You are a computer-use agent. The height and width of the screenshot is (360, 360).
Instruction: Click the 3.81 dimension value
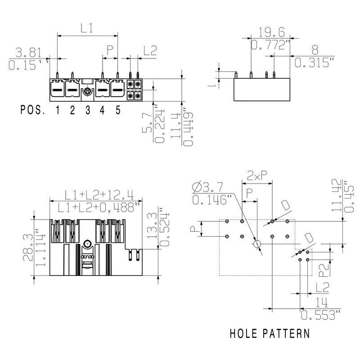point(28,51)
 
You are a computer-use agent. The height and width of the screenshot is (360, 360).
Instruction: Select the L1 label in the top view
point(87,28)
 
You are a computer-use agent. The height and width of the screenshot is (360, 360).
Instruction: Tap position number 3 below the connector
point(87,110)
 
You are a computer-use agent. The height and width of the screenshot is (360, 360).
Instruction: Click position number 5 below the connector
point(117,110)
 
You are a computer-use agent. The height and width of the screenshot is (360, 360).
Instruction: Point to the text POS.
point(33,110)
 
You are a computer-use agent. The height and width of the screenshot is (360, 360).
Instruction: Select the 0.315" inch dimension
point(315,63)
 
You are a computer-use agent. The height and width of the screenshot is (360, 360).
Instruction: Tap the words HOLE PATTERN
point(270,334)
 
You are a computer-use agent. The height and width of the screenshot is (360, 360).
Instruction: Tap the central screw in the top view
point(87,91)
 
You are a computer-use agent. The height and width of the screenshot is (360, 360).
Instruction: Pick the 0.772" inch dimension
point(270,45)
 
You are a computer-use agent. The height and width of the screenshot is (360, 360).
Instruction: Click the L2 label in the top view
point(150,51)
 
